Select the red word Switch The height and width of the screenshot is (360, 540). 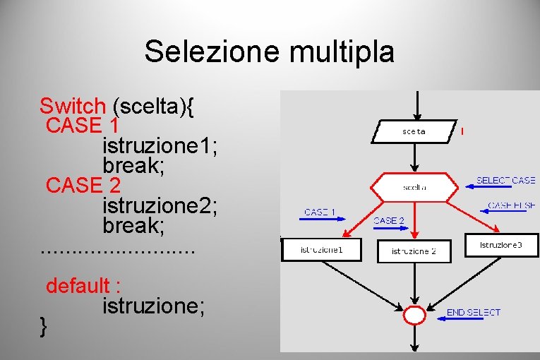pos(72,107)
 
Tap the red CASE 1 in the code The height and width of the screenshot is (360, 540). pos(82,126)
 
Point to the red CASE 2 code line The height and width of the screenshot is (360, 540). pos(83,186)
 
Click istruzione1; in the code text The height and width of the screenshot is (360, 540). pos(160,146)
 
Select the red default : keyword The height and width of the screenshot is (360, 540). pos(83,286)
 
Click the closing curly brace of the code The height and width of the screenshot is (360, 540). pos(44,325)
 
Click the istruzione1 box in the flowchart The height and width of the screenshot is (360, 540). pos(321,249)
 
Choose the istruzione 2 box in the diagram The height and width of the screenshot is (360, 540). pos(414,251)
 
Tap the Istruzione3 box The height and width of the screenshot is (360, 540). pos(501,245)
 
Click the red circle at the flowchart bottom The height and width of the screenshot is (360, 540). pos(414,314)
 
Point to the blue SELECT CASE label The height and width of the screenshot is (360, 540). pos(505,180)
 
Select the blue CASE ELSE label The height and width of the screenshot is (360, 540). pos(511,205)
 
